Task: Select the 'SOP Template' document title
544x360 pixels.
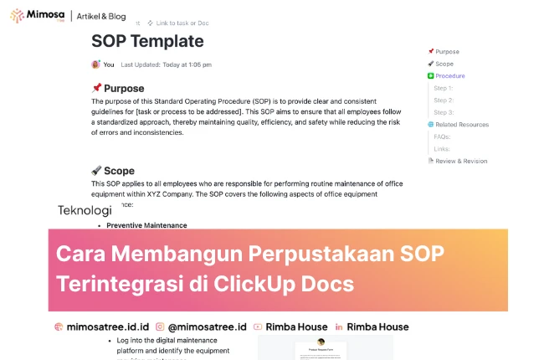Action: pos(146,41)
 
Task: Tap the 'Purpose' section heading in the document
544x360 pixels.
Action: pos(124,88)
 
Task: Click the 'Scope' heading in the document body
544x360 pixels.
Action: pos(119,171)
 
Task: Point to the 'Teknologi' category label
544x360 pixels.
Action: pos(85,210)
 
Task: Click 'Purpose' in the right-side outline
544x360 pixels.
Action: pos(447,52)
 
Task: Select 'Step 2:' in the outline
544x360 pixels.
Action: pos(444,100)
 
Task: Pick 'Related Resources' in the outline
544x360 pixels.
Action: pos(461,124)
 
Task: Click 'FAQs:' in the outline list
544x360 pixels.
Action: pos(443,136)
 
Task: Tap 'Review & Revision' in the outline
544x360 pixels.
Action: pos(461,161)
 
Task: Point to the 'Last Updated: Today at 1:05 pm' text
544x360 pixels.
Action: pos(166,64)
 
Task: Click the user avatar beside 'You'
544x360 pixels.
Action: pos(95,64)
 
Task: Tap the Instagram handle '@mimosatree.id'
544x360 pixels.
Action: pos(207,327)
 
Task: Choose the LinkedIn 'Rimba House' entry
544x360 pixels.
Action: pos(377,327)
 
